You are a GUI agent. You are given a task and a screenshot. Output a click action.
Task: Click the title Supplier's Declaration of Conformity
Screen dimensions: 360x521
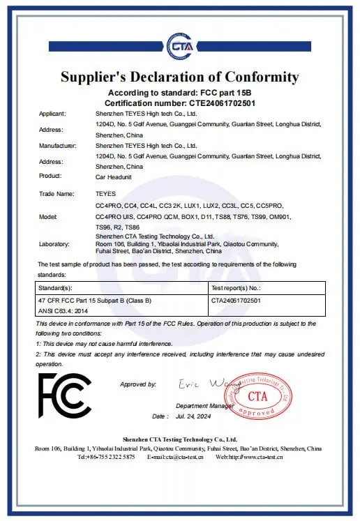[179, 77]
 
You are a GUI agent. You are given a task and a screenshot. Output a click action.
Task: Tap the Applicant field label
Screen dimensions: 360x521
[52, 114]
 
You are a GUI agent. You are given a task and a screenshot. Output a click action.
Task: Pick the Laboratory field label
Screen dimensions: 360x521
[54, 245]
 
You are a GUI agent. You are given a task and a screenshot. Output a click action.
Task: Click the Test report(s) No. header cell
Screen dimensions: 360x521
[236, 288]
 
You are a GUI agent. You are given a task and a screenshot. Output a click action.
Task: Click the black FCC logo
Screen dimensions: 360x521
[64, 396]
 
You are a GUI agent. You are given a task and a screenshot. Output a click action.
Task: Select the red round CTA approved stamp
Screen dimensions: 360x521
[257, 395]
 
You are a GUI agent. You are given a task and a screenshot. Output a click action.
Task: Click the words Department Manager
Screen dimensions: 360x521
[204, 405]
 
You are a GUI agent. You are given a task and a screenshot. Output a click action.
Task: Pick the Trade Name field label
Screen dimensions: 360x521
[56, 194]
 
